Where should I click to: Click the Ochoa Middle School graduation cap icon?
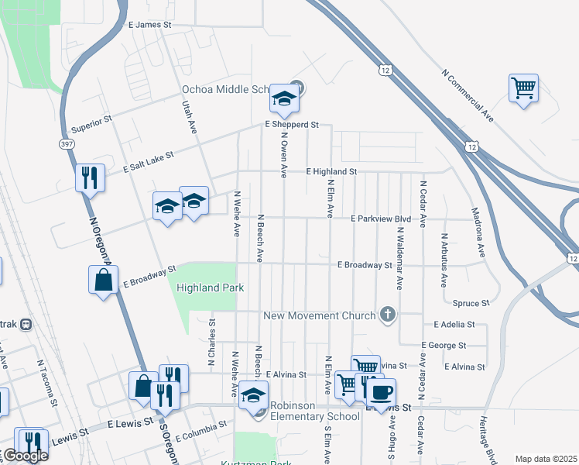284,98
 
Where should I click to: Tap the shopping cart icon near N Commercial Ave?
523,88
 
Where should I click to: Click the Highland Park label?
211,288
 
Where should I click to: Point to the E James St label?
149,25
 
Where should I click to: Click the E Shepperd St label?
292,124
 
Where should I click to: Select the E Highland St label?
331,171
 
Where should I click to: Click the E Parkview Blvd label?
380,219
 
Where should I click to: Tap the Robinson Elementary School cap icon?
252,396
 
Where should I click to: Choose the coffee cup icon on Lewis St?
379,391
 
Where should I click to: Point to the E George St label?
444,345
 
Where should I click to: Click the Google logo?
25,456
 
